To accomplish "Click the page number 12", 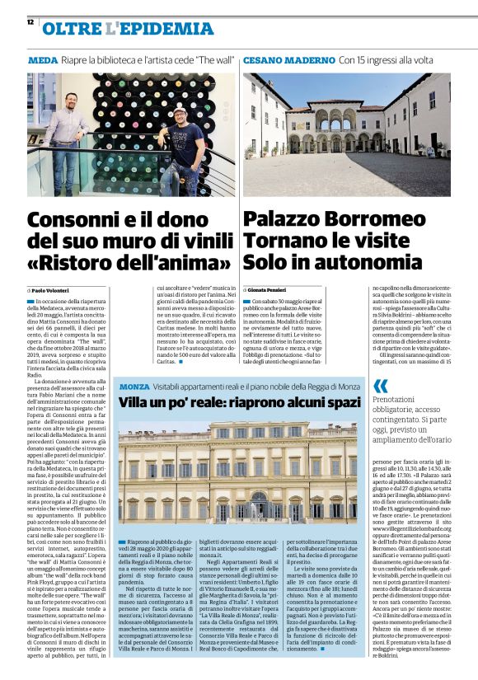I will click(x=30, y=22).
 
